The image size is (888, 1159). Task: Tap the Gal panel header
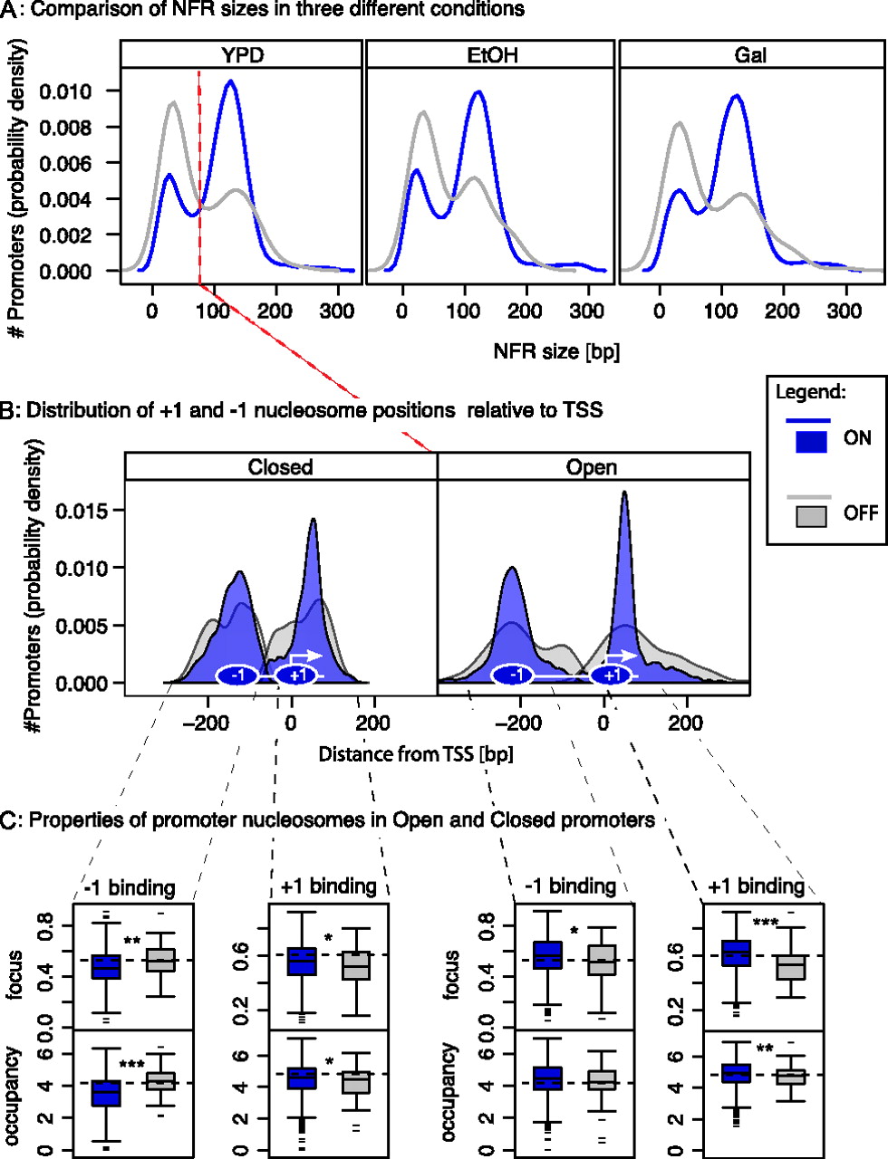[750, 55]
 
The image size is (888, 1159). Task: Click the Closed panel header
[280, 467]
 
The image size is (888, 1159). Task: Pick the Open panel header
[592, 467]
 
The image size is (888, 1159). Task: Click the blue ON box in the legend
[811, 441]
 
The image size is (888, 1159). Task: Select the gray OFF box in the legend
[811, 516]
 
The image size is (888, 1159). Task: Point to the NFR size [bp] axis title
[556, 351]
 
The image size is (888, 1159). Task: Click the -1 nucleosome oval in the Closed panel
[237, 675]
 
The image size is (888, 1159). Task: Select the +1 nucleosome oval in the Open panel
[612, 675]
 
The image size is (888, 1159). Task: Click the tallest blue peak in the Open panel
[624, 493]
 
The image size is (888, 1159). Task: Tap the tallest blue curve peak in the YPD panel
[231, 81]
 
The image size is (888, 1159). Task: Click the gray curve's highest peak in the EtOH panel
[422, 112]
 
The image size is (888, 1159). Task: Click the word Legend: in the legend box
[811, 393]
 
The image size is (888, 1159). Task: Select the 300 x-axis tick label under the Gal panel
[845, 311]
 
